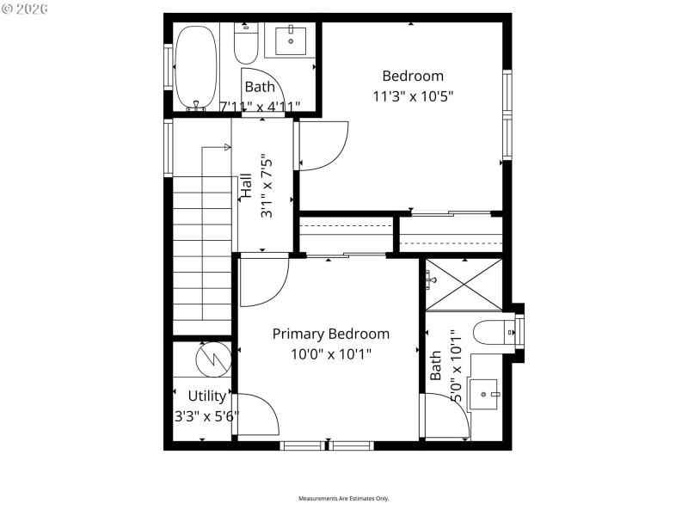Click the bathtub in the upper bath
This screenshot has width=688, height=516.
point(197,67)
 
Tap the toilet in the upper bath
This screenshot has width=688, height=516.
point(246,43)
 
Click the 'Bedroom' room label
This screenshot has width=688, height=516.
point(413,76)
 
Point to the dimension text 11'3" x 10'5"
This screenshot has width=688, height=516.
point(413,95)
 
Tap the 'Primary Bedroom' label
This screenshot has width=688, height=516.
point(331,334)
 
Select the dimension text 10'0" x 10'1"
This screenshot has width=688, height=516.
point(331,353)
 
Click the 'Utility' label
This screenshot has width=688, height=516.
point(207,396)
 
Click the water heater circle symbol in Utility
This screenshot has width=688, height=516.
point(211,359)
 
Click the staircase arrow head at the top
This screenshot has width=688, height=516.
point(227,147)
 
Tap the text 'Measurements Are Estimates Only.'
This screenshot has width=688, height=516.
point(344,499)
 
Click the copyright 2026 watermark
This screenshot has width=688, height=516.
point(26,9)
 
